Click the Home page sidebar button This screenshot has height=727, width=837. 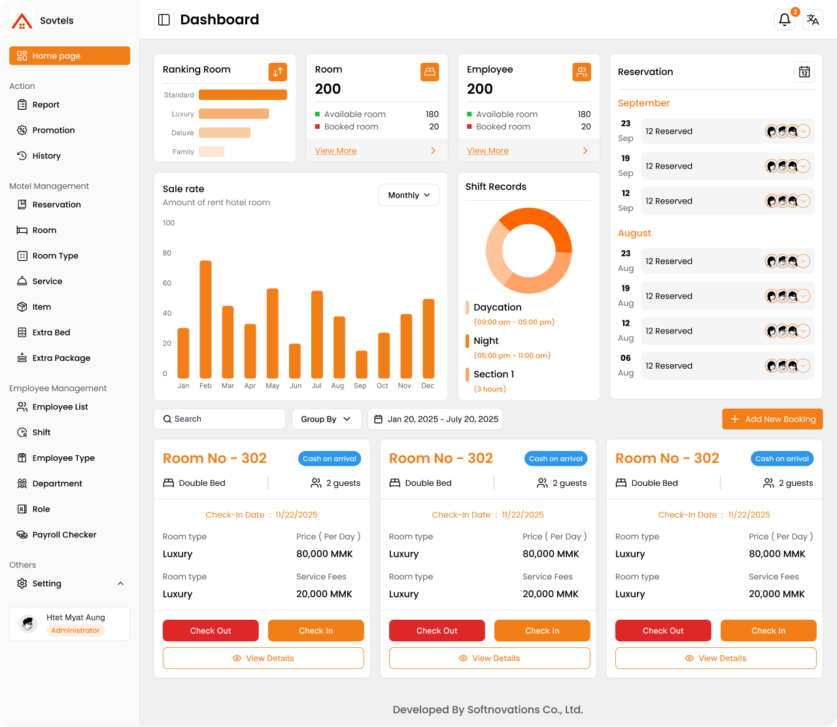69,56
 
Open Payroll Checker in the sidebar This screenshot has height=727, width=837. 64,535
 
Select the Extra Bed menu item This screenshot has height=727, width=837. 51,333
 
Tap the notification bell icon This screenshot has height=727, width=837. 784,20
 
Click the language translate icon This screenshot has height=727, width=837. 813,20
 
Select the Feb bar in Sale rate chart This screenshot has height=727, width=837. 205,319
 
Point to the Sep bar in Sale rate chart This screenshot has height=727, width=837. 361,364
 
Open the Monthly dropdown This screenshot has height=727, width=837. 409,195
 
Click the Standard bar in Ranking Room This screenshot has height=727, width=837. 243,95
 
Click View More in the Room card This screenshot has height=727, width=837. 335,151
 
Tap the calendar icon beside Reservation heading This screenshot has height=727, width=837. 804,72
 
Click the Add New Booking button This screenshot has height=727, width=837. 772,419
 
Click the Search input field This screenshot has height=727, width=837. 220,419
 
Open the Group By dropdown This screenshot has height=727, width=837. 326,419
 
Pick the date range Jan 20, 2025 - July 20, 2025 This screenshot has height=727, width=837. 436,419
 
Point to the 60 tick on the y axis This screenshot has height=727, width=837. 167,283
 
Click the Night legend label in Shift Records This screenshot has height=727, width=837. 486,341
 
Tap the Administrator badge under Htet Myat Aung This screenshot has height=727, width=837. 75,630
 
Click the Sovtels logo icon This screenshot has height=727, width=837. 22,21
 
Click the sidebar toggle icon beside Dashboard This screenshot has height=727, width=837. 164,20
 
